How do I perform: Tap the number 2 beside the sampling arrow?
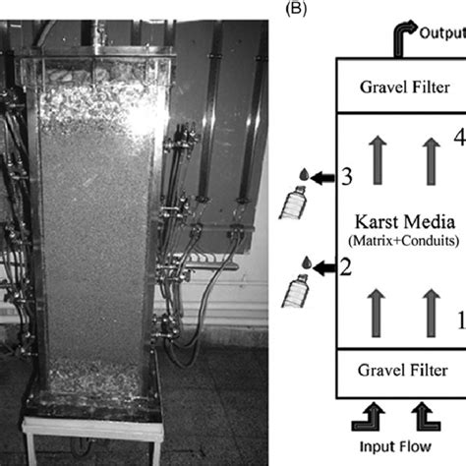(346, 292)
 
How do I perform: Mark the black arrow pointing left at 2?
(325, 292)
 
